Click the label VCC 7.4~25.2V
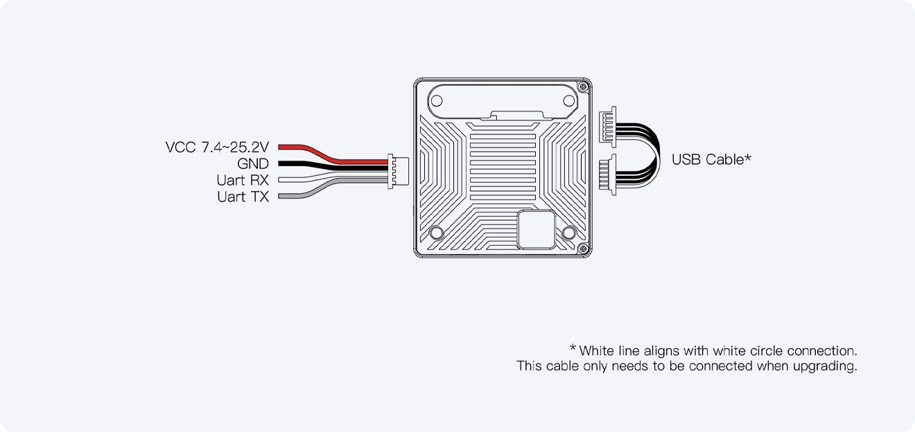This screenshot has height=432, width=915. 217,147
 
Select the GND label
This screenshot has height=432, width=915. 252,164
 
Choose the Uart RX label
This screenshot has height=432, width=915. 243,181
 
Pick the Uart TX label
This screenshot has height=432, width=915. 243,197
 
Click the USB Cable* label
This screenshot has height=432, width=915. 711,159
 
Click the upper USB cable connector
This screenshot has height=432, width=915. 609,127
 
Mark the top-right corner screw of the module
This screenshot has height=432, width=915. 583,87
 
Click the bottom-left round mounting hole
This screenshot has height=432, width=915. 437,233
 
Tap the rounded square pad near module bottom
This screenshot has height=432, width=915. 537,229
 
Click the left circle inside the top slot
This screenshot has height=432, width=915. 438,98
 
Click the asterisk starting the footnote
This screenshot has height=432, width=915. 573,348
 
